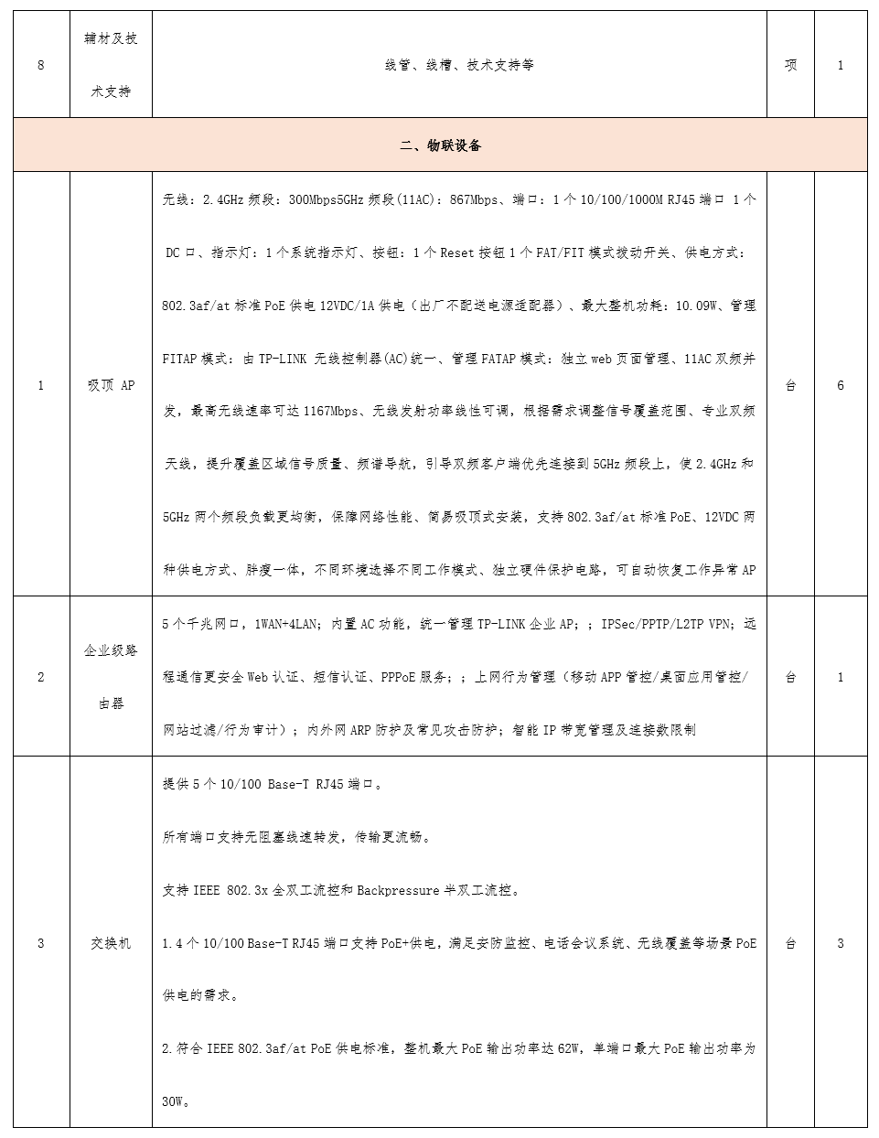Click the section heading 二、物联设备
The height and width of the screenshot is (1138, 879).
coord(440,145)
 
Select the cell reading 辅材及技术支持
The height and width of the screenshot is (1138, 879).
coord(111,65)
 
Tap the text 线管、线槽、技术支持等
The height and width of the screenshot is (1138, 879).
coord(459,65)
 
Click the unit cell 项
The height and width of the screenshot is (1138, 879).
coord(790,65)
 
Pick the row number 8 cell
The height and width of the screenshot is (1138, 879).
coord(41,65)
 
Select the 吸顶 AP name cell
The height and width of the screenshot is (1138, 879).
coord(111,385)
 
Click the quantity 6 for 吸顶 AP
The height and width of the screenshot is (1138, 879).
coord(840,385)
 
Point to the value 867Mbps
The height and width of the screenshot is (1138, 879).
coord(474,199)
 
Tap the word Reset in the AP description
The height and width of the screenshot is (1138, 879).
coord(457,252)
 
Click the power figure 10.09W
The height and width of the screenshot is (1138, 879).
coord(696,306)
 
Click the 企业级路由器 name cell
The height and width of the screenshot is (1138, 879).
coord(111,677)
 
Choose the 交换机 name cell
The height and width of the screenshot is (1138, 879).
coord(111,943)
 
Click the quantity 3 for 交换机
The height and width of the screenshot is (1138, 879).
coord(840,943)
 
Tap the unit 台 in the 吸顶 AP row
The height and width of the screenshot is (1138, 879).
coord(790,385)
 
